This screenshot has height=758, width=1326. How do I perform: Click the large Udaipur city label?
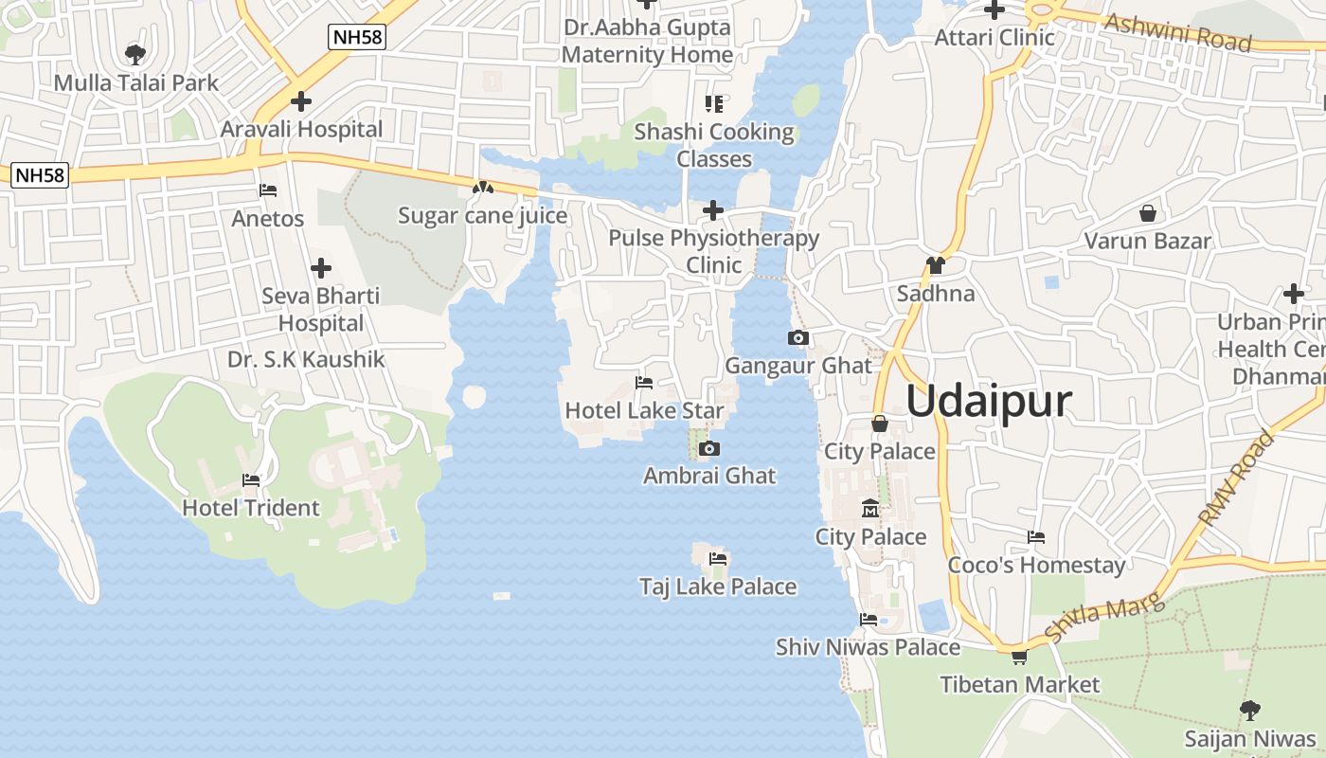click(x=989, y=401)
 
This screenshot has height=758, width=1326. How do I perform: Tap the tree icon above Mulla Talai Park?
click(x=135, y=53)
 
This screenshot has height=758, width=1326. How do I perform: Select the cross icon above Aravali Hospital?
click(x=301, y=100)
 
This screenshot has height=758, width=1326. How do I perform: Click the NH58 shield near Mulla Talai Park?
click(x=357, y=38)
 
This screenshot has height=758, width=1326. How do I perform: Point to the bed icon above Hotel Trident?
click(x=251, y=480)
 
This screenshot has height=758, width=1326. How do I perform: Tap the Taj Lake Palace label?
click(x=718, y=587)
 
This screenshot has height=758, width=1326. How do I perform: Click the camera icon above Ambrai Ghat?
click(x=709, y=448)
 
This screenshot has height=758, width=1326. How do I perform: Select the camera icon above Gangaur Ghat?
click(x=798, y=337)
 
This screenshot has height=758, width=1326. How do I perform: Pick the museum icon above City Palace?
click(x=869, y=510)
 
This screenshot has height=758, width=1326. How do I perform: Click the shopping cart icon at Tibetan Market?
click(x=1019, y=657)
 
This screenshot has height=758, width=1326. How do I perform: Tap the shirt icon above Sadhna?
click(x=936, y=265)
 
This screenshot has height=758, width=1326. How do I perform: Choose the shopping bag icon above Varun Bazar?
click(x=1148, y=213)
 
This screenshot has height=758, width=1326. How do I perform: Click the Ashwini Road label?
click(x=1178, y=32)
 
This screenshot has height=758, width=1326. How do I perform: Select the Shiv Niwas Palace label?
click(x=868, y=647)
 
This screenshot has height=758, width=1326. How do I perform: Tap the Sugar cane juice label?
click(x=482, y=215)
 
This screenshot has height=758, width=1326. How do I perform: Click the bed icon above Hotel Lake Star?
click(x=644, y=383)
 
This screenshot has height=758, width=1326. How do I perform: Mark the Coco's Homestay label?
click(x=1036, y=565)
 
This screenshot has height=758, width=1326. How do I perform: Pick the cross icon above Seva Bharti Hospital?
click(x=321, y=268)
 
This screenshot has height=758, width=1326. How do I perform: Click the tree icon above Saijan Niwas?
click(x=1250, y=710)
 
